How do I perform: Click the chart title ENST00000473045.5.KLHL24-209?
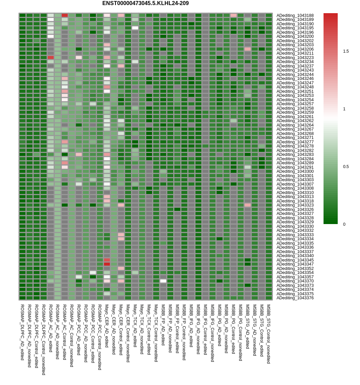point(145,3)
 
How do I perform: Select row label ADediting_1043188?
point(295,16)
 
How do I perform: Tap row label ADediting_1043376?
point(295,298)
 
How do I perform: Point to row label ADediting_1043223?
point(295,58)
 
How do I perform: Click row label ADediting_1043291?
point(295,167)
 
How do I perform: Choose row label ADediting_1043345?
point(295,260)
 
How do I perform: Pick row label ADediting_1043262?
point(295,121)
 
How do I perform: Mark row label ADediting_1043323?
point(295,205)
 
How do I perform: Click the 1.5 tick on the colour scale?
point(346,51)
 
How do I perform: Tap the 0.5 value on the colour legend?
point(346,167)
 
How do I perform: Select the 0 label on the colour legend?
point(344,224)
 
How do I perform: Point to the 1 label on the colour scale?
point(344,109)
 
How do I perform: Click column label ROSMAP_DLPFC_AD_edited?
point(22,332)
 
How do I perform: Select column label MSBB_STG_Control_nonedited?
point(268,334)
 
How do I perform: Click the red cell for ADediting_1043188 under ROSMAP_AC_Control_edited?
point(65,15)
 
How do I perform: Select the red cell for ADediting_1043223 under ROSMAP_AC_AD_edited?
point(51,57)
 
